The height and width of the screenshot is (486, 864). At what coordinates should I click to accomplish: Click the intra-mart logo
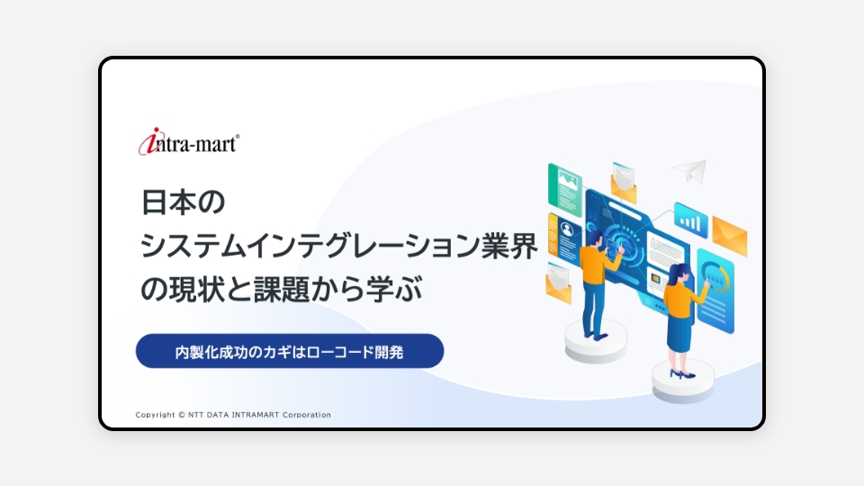[189, 141]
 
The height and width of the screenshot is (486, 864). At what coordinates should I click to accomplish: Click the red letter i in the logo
[148, 141]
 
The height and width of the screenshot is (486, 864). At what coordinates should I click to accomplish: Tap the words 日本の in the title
[183, 202]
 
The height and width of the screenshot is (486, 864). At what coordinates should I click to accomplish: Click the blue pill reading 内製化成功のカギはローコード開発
[290, 351]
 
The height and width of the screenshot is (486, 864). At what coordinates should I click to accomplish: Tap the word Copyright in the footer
[155, 415]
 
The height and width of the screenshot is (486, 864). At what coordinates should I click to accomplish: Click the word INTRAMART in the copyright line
[255, 415]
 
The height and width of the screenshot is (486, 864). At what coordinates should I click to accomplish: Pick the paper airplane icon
[690, 170]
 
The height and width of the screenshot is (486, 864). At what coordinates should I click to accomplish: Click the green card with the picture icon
[565, 190]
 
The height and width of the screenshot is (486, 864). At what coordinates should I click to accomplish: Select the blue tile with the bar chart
[690, 220]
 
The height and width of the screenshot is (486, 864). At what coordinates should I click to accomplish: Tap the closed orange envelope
[730, 236]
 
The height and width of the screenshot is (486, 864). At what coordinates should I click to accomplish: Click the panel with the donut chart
[715, 291]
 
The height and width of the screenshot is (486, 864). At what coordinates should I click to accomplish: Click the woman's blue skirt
[679, 328]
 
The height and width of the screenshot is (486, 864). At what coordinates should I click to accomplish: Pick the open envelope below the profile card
[558, 283]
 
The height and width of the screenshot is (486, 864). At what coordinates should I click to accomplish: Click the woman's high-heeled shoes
[682, 374]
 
